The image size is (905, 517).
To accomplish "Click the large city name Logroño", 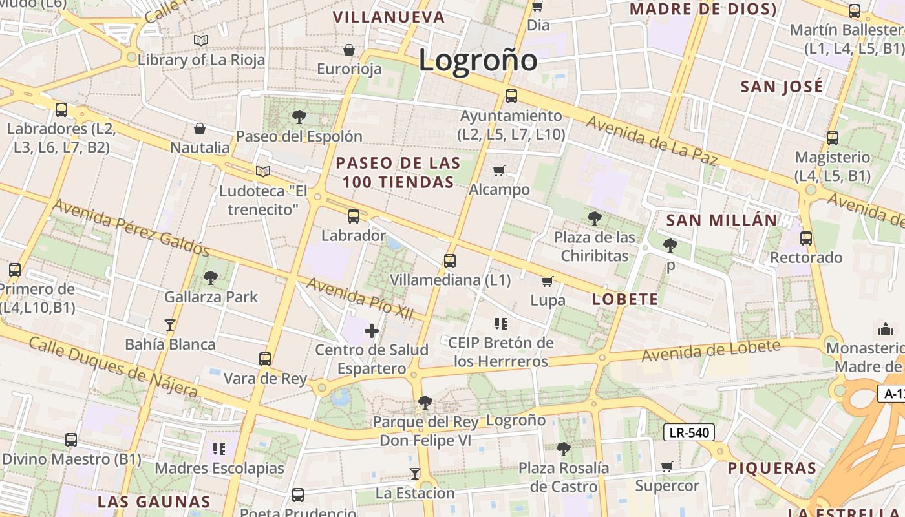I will click(x=478, y=61).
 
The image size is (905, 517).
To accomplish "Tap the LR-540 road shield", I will click(x=688, y=432).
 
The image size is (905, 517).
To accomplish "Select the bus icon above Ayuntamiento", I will click(x=511, y=96).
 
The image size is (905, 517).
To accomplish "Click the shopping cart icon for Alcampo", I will click(x=498, y=171).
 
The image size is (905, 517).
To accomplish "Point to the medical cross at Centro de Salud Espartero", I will click(x=372, y=331).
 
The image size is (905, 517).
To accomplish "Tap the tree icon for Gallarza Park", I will click(x=210, y=278).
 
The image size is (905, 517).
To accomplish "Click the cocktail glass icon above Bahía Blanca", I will click(x=170, y=324).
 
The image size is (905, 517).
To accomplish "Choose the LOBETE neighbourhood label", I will click(x=625, y=299).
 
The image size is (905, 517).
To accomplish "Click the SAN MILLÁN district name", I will click(x=721, y=220).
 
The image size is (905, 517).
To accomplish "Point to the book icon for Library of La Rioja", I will click(x=201, y=41).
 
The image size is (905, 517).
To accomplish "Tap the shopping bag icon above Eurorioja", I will click(x=349, y=50).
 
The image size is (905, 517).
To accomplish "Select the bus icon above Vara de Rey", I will click(x=265, y=359).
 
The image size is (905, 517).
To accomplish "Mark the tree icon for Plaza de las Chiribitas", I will click(x=595, y=218).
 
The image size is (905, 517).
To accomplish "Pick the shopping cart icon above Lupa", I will click(x=548, y=281).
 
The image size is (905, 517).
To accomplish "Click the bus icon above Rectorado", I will click(x=806, y=238).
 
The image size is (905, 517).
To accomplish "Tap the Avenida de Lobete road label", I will click(x=710, y=350).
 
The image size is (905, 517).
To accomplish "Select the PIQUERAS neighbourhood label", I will click(x=772, y=468).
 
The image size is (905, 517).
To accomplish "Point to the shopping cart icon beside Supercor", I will click(x=667, y=467).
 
